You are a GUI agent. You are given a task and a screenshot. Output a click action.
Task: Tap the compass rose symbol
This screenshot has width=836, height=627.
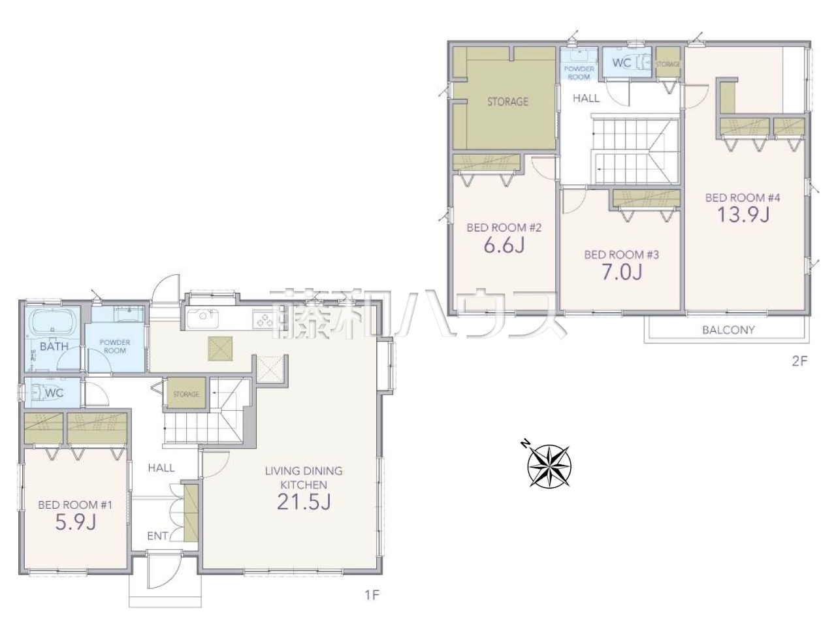pos(549,466)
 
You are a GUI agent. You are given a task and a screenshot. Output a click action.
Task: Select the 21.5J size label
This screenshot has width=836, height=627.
pos(304,502)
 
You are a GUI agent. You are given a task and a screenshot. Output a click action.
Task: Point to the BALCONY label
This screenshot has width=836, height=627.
pos(728,330)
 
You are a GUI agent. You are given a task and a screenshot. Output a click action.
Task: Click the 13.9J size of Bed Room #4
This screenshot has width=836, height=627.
pos(743,214)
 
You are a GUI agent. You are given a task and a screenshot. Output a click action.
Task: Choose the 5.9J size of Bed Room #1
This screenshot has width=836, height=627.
pos(75,522)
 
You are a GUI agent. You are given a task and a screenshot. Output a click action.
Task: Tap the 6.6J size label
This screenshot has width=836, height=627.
pos(504,245)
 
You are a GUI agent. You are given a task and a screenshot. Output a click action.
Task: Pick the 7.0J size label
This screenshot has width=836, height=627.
pos(622,272)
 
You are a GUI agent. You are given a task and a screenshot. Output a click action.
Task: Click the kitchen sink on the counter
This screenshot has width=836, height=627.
pos(202,318)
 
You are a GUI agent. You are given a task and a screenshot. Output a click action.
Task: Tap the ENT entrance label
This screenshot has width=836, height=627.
pos(157,536)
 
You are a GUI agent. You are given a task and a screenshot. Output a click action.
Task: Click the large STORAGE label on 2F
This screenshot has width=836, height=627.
pos(507,102)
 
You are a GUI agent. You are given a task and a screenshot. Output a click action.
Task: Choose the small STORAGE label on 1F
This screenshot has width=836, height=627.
pos(186,394)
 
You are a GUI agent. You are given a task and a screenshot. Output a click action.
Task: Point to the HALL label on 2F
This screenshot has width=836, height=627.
pos(586,98)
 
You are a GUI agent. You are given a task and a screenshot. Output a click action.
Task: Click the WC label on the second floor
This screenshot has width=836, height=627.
pos(622,63)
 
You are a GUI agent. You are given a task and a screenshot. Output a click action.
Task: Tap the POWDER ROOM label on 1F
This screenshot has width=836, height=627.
pos(115,346)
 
